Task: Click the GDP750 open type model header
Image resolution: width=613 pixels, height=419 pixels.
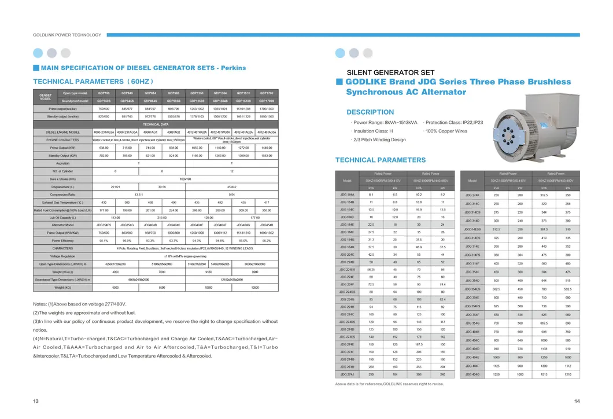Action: pyautogui.click(x=104, y=93)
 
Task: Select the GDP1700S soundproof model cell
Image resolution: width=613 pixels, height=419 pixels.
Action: pyautogui.click(x=267, y=101)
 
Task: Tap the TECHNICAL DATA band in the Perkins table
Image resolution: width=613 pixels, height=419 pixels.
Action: pyautogui.click(x=156, y=124)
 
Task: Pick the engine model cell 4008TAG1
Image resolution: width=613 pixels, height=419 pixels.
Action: pyautogui.click(x=150, y=133)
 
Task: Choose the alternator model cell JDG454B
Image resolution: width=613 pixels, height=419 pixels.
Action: pyautogui.click(x=267, y=225)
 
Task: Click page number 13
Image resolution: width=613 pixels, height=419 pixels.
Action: pyautogui.click(x=36, y=402)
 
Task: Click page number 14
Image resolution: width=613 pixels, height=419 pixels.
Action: pyautogui.click(x=577, y=402)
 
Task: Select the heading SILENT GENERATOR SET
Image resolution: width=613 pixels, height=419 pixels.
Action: pyautogui.click(x=390, y=72)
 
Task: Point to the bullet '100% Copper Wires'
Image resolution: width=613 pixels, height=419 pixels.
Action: pyautogui.click(x=446, y=131)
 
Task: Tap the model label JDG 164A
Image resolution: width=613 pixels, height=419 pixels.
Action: pyautogui.click(x=347, y=194)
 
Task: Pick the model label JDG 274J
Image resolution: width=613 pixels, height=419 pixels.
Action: pyautogui.click(x=347, y=374)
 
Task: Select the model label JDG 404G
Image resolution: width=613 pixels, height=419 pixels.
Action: pyautogui.click(x=472, y=374)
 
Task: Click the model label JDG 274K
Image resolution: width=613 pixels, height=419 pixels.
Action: pyautogui.click(x=472, y=196)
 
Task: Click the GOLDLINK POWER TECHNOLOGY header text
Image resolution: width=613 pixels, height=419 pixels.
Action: pyautogui.click(x=67, y=35)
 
